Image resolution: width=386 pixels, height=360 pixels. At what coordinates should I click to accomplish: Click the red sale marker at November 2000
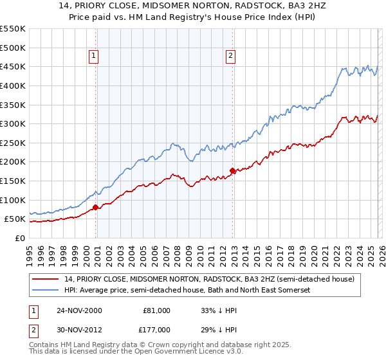(96, 207)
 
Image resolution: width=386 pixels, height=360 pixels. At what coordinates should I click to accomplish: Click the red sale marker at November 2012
(232, 170)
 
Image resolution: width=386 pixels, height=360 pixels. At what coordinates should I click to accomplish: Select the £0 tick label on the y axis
(19, 238)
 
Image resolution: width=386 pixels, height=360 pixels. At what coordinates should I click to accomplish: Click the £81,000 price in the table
(156, 310)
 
